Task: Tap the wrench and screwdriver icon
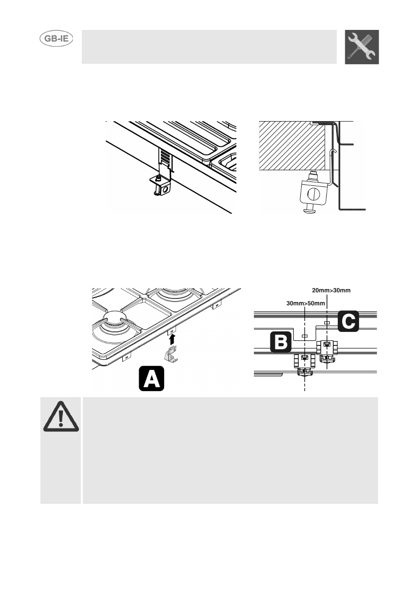(362, 47)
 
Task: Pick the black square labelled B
(281, 343)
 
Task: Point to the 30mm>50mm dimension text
(306, 303)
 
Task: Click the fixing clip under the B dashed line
(304, 364)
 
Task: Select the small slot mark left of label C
(327, 323)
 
